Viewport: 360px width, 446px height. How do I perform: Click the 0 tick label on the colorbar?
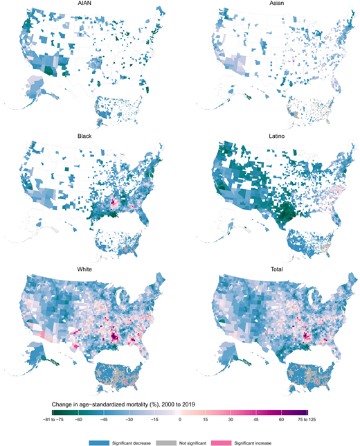[x=180, y=420]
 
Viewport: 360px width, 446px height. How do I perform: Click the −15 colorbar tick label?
[x=154, y=420]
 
